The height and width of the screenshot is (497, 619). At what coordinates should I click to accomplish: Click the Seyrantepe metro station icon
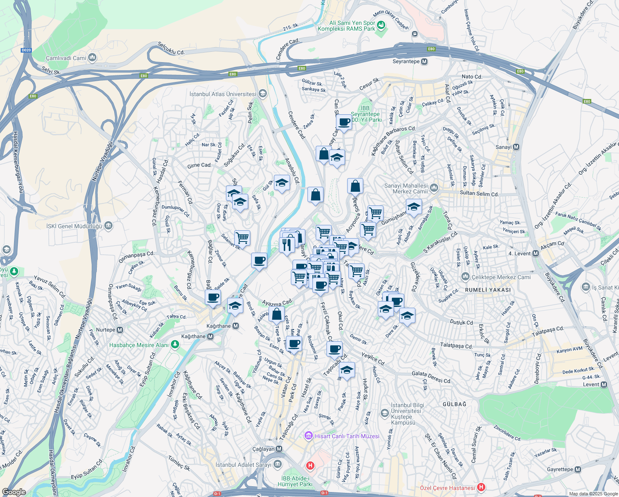[424, 62]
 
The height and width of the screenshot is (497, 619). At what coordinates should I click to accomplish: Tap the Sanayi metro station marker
[516, 147]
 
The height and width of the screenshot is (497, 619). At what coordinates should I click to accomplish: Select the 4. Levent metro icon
[536, 253]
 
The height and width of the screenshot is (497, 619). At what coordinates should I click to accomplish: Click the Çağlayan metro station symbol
[279, 449]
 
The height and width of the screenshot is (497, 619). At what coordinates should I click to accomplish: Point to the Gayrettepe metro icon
[578, 470]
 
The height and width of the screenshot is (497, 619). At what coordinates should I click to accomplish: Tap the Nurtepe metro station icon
[120, 330]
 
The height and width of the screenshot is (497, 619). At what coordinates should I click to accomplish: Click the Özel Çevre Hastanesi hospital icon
[481, 487]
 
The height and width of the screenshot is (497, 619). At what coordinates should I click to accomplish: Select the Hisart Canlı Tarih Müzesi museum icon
[308, 436]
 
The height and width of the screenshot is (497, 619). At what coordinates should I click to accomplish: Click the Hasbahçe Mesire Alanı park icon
[175, 345]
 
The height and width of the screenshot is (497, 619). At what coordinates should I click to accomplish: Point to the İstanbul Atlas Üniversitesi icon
[262, 94]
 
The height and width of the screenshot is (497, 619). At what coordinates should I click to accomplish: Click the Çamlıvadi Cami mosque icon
[92, 58]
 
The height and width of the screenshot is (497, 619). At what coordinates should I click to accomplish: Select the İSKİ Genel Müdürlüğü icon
[108, 226]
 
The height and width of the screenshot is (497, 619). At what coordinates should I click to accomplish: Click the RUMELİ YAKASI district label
[488, 290]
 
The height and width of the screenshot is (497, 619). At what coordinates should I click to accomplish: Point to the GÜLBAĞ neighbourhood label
[454, 404]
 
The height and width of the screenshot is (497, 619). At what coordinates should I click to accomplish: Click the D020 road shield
[26, 50]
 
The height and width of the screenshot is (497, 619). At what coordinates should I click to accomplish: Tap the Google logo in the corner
[14, 492]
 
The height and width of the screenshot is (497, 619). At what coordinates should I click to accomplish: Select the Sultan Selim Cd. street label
[479, 193]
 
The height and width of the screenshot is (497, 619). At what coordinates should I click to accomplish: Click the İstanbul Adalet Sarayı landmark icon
[278, 464]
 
